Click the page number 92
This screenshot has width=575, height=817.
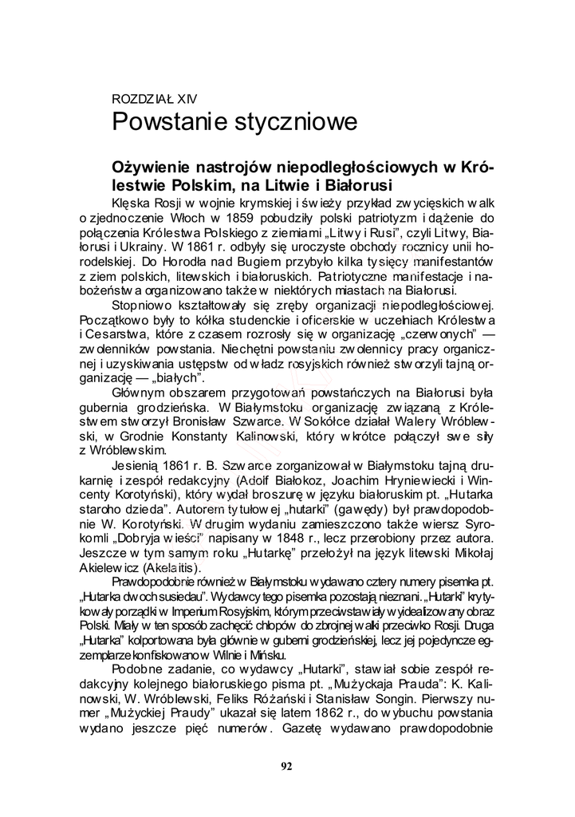tap(287, 766)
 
